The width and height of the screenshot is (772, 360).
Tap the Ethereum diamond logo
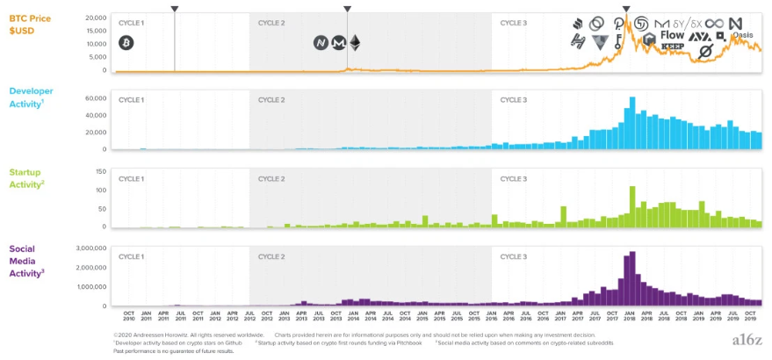355,42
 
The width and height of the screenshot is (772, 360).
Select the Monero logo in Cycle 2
338,42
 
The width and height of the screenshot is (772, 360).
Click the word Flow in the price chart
672,36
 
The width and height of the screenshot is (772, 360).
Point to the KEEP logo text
672,47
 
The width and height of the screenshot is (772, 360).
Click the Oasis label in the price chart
741,35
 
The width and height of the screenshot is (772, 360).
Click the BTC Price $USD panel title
28,22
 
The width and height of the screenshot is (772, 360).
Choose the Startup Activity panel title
25,178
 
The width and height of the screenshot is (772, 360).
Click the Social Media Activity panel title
26,261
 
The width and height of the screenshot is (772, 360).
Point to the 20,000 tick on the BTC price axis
94,18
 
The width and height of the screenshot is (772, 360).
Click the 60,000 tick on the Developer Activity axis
94,98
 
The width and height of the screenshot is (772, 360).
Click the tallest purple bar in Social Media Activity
632,279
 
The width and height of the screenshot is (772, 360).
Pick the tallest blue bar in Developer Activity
632,123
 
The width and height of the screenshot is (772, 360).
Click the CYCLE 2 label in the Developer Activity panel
271,100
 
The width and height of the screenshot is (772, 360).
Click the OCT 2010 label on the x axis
128,315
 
